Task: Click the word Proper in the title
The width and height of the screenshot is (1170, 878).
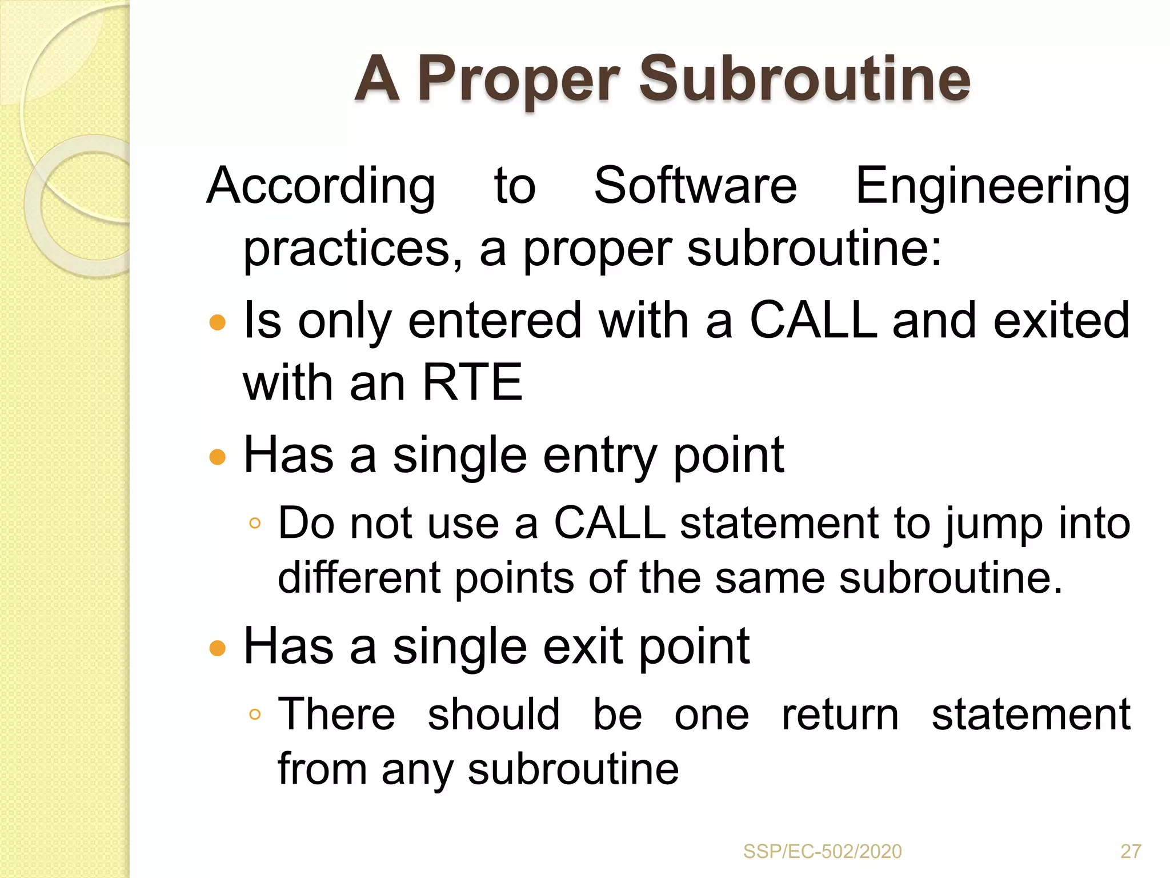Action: [518, 80]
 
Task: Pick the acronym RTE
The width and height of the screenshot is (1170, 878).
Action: [472, 382]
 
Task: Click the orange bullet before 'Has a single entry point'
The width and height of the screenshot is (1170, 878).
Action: [218, 457]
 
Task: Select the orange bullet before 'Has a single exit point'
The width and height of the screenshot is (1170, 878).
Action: [218, 648]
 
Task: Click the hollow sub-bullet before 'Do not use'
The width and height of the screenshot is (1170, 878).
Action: [255, 523]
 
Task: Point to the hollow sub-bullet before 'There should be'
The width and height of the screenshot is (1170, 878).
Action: [255, 714]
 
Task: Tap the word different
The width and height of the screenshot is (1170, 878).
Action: [359, 577]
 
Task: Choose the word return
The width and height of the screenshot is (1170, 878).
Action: [840, 715]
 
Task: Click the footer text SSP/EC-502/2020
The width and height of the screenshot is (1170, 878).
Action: [822, 852]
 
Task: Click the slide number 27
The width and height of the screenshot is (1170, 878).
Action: [1131, 852]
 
